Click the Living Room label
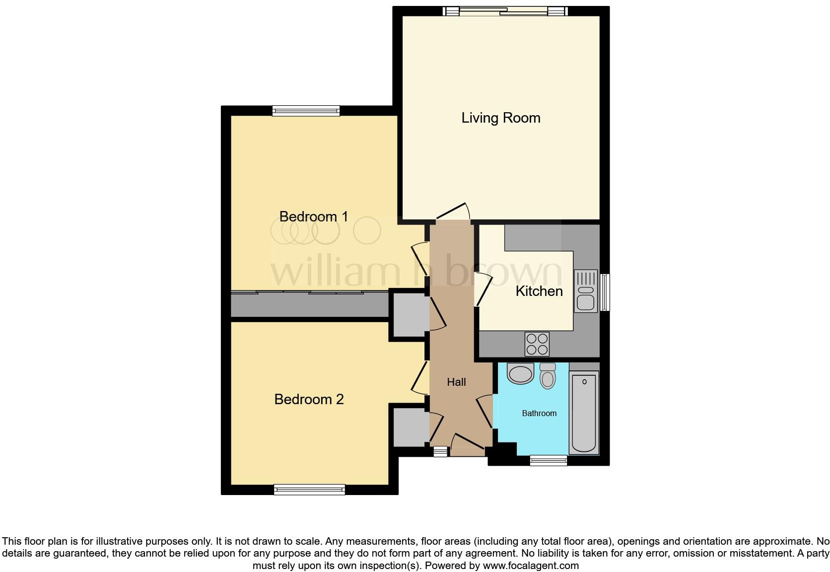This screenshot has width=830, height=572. tap(500, 118)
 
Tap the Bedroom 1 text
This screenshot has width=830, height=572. tap(313, 216)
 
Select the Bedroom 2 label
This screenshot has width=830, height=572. tap(309, 399)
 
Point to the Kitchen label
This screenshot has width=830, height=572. tap(539, 291)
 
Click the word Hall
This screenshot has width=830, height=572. tap(456, 382)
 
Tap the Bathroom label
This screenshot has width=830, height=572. tap(539, 413)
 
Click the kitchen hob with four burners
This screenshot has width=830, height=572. tap(537, 344)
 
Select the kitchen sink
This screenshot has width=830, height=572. tap(586, 291)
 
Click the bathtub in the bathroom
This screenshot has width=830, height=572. tap(584, 414)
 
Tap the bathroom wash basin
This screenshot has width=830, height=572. tap(520, 374)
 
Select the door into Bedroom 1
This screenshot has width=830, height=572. tap(419, 259)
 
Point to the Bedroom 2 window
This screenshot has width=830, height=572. tap(309, 490)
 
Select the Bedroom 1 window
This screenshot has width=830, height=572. tap(306, 111)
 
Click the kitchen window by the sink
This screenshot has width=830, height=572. tap(605, 292)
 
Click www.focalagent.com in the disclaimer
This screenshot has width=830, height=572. tap(531, 565)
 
